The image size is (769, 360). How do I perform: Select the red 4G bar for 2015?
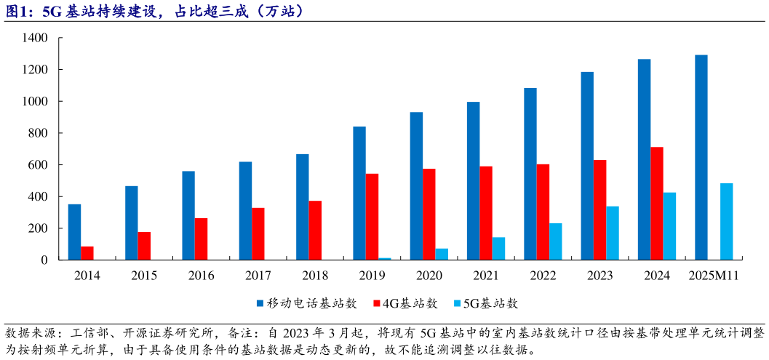click(144, 246)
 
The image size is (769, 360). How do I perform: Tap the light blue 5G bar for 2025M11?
click(726, 221)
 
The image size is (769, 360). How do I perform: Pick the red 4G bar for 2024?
click(657, 204)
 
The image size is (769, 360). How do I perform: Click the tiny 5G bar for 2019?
click(385, 258)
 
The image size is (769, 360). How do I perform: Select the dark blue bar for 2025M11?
click(701, 157)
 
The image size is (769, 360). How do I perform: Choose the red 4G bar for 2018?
click(315, 230)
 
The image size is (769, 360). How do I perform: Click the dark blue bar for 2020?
click(416, 185)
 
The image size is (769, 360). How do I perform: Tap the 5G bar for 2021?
click(498, 248)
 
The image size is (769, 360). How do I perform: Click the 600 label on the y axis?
click(38, 165)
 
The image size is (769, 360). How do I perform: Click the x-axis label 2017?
click(258, 276)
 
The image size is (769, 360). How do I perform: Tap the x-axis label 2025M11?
click(714, 276)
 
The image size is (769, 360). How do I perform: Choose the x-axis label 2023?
click(600, 276)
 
